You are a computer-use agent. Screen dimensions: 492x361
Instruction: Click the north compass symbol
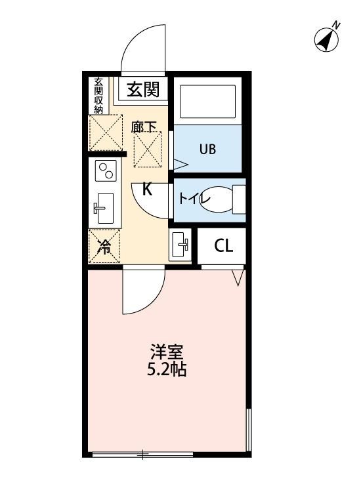pos(328,38)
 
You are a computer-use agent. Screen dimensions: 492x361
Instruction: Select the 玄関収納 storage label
pos(98,96)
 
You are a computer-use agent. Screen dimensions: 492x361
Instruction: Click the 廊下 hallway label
pos(144,127)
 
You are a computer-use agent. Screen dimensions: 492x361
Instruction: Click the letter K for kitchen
pos(148,190)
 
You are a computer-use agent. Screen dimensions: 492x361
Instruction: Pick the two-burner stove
pos(105,171)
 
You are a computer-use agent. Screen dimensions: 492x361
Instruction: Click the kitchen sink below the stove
pos(104,209)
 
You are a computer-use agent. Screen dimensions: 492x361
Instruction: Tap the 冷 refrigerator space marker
pos(104,247)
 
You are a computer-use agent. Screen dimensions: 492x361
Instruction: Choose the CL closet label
pos(223,247)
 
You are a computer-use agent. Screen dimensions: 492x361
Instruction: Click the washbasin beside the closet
pos(180,246)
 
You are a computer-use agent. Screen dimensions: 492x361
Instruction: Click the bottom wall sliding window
pos(141,453)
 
